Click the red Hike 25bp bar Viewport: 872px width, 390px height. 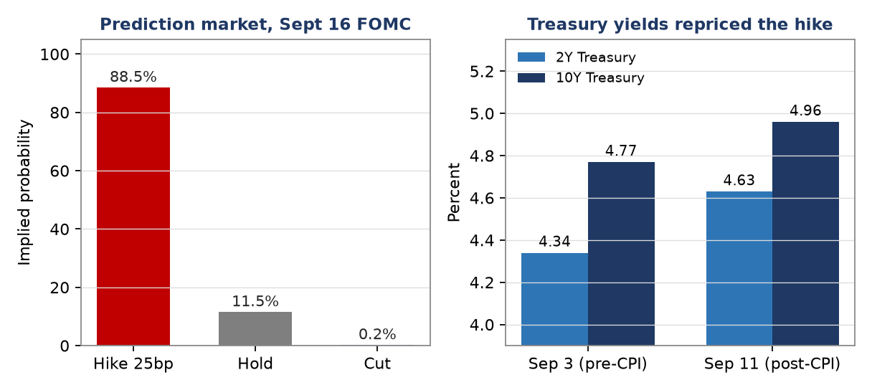click(x=133, y=217)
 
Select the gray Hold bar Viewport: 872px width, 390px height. click(x=255, y=328)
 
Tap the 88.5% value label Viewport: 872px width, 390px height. click(x=133, y=77)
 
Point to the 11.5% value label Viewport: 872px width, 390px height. click(x=255, y=301)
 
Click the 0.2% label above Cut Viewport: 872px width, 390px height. click(x=376, y=334)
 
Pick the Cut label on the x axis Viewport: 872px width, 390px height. click(x=376, y=363)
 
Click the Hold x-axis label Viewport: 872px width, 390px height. click(x=255, y=363)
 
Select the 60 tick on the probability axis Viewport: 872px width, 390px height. click(x=60, y=171)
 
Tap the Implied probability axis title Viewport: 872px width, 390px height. click(x=24, y=193)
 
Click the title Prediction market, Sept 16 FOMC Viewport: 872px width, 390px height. click(x=255, y=24)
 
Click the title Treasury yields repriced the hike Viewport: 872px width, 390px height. click(x=680, y=24)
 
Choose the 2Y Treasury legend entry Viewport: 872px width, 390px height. click(x=576, y=57)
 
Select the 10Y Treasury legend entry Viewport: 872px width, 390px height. click(x=581, y=77)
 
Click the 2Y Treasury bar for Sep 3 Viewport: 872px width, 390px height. click(x=555, y=299)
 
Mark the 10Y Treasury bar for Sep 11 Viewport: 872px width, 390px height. click(x=805, y=234)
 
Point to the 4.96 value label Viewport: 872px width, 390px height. click(x=805, y=110)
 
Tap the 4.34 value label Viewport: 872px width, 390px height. click(x=554, y=242)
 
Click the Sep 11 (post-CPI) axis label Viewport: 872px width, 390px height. click(x=772, y=363)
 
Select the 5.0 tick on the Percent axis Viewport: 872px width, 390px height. click(x=482, y=114)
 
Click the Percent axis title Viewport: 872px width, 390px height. click(x=453, y=192)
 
